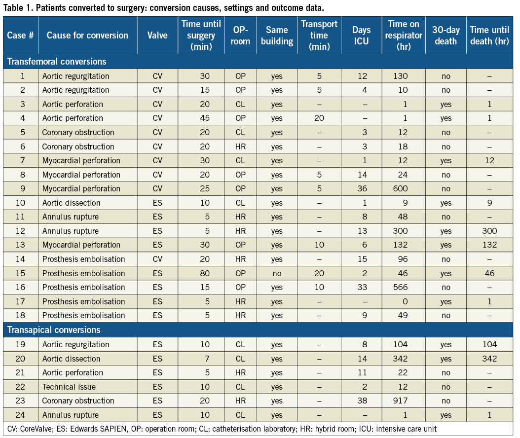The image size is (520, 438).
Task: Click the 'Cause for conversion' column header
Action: [x=87, y=36]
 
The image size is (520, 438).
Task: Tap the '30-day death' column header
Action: [x=446, y=36]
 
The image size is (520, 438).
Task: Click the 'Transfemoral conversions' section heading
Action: [x=57, y=62]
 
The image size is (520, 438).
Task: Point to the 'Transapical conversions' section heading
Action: [x=54, y=330]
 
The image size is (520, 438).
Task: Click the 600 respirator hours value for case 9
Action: [x=404, y=188]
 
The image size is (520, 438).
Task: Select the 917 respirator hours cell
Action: [x=404, y=401]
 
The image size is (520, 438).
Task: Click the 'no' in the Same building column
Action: [x=277, y=273]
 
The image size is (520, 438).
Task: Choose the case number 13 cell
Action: [x=20, y=245]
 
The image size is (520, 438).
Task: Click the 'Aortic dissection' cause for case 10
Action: [x=71, y=203]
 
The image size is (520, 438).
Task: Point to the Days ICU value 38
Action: [x=361, y=401]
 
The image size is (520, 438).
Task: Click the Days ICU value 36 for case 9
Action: [x=361, y=188]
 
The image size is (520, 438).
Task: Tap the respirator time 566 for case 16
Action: [x=404, y=287]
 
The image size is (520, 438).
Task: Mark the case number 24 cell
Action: [x=20, y=415]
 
